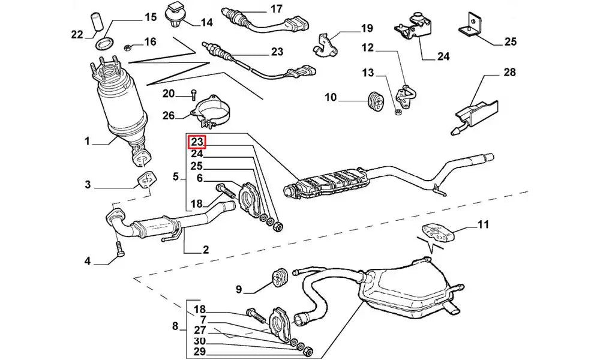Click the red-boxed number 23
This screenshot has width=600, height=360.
(x=197, y=142)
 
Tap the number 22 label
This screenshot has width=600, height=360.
(x=77, y=35)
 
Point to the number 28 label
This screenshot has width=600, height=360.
(x=509, y=73)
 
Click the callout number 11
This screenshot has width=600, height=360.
(x=484, y=225)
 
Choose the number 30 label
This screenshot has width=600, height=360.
(x=200, y=340)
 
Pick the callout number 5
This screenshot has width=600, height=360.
(x=176, y=176)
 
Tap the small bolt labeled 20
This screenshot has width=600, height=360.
(x=193, y=94)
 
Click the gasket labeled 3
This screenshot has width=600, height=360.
(x=144, y=181)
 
